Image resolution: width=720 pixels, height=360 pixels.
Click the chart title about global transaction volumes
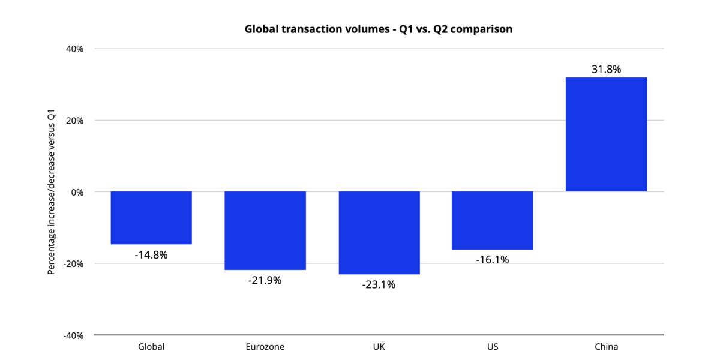[x=378, y=29]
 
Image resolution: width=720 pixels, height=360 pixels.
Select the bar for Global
[x=151, y=218]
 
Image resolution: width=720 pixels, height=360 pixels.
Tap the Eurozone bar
[x=265, y=230]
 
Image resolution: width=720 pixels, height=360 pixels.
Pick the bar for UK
[x=379, y=233]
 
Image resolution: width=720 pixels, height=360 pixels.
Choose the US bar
[x=492, y=220]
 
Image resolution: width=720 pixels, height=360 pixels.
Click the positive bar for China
[x=606, y=134]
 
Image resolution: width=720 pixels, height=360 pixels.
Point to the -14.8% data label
[x=151, y=254]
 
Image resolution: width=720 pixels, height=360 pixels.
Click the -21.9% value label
[x=265, y=280]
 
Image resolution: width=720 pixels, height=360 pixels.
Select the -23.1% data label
[x=379, y=284]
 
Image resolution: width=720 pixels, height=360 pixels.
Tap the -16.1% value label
[x=492, y=260]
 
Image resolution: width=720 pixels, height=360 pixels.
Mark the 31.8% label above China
[x=606, y=69]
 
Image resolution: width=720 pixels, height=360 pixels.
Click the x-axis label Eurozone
[x=265, y=347]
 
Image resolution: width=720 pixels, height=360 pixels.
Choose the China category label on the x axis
[x=606, y=347]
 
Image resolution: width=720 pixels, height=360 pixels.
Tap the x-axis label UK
[x=379, y=347]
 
